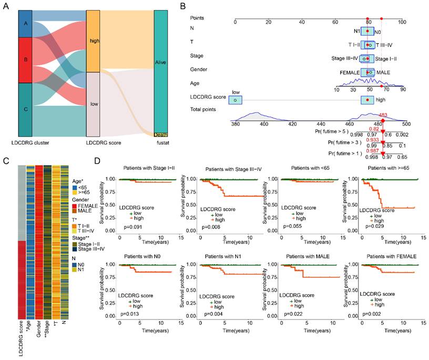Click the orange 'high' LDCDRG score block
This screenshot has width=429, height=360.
tap(93, 41)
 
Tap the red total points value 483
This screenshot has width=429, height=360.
tap(383, 115)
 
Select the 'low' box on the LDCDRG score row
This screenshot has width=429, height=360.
tap(235, 99)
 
